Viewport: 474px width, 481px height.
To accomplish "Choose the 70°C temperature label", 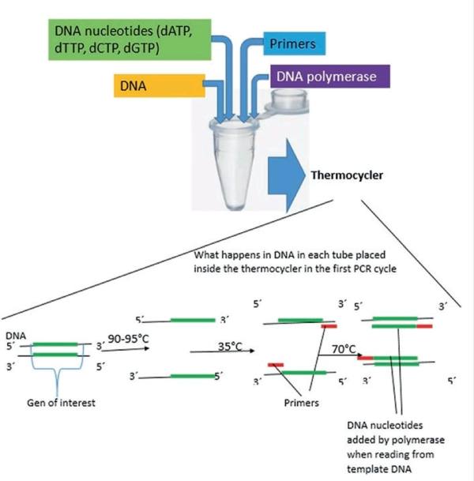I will (345, 347).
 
